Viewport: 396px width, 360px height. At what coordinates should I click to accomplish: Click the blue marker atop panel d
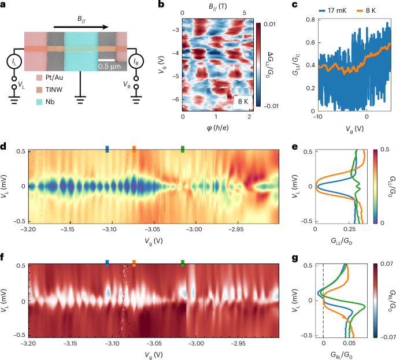(108, 149)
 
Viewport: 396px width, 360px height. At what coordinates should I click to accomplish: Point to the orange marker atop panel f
(134, 263)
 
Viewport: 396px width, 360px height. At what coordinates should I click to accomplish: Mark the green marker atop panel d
(183, 149)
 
